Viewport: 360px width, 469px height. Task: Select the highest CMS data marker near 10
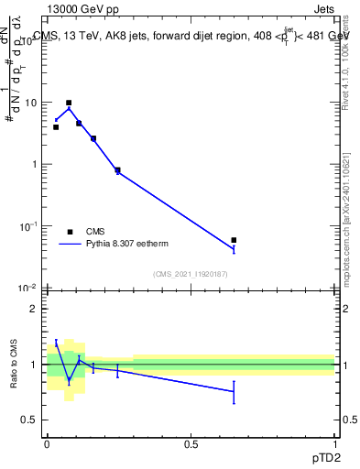69,103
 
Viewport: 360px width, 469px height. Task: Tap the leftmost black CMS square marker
56,127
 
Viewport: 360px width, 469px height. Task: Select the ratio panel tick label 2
35,310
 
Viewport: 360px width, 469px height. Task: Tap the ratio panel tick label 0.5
31,420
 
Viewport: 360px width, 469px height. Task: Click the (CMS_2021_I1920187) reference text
191,273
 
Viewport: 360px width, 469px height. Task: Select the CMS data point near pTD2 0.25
117,169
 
